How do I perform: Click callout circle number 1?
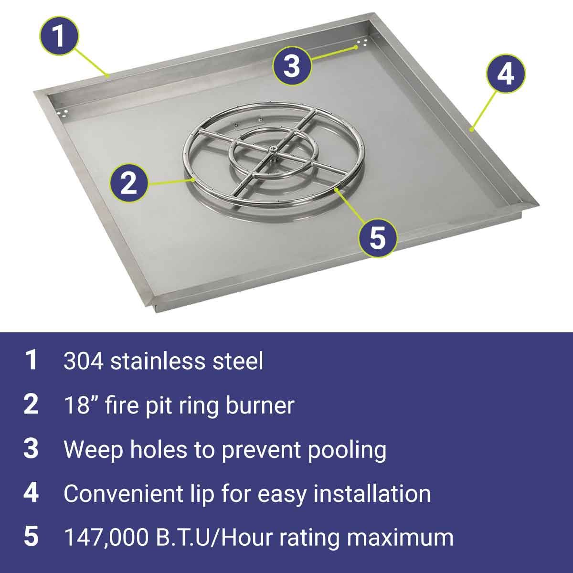coord(59,36)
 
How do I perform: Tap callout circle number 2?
coord(129,183)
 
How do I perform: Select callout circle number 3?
coord(292,66)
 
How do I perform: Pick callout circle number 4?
coord(506,74)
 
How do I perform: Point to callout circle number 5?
coord(378,238)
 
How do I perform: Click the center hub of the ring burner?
coord(272,149)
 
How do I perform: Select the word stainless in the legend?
coord(158,361)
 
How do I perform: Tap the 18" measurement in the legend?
coord(77,405)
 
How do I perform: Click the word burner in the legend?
coord(260,405)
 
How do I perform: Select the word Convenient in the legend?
coord(123,494)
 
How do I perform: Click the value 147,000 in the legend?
coord(106,538)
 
